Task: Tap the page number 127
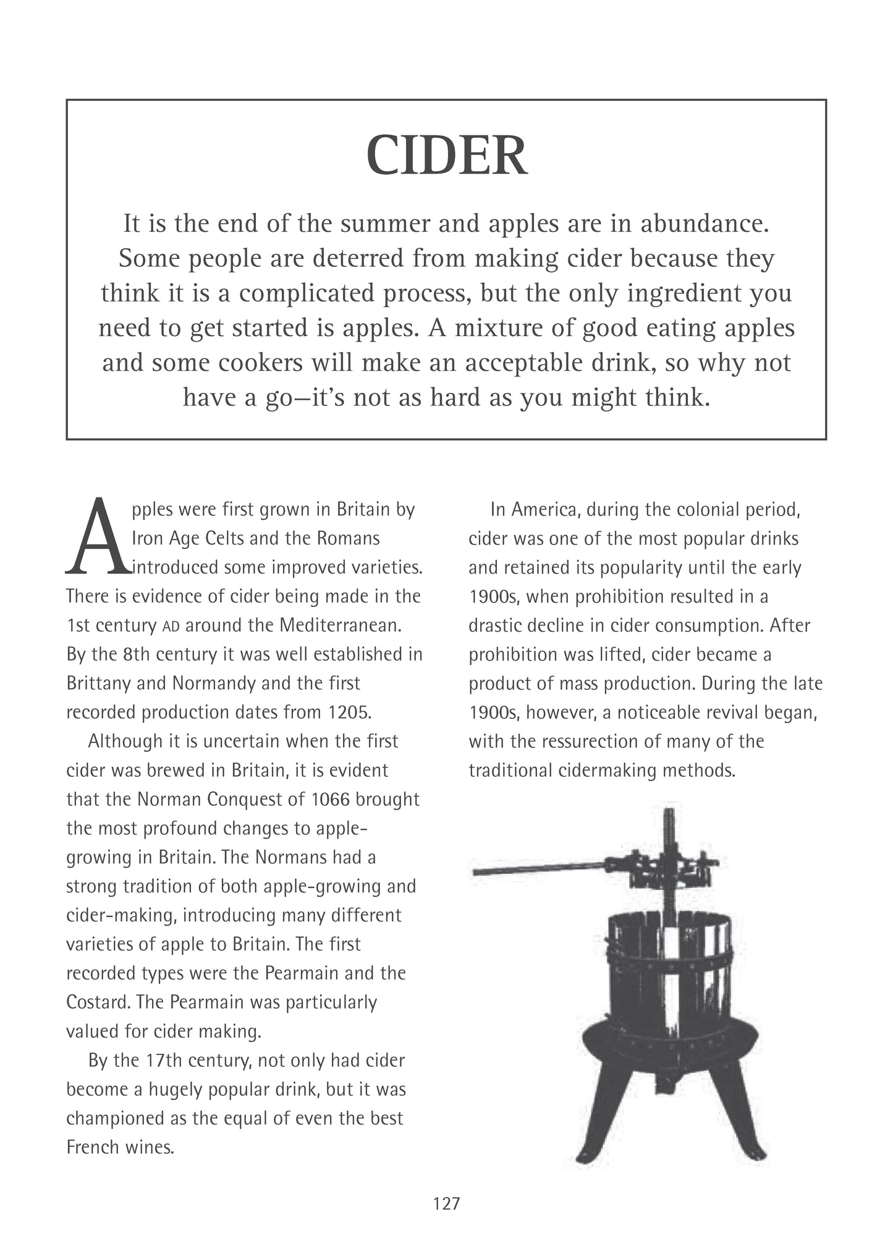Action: click(446, 1203)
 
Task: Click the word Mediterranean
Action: click(341, 625)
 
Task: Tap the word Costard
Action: click(95, 1002)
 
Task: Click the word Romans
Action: click(348, 538)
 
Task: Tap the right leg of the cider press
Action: click(739, 1112)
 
